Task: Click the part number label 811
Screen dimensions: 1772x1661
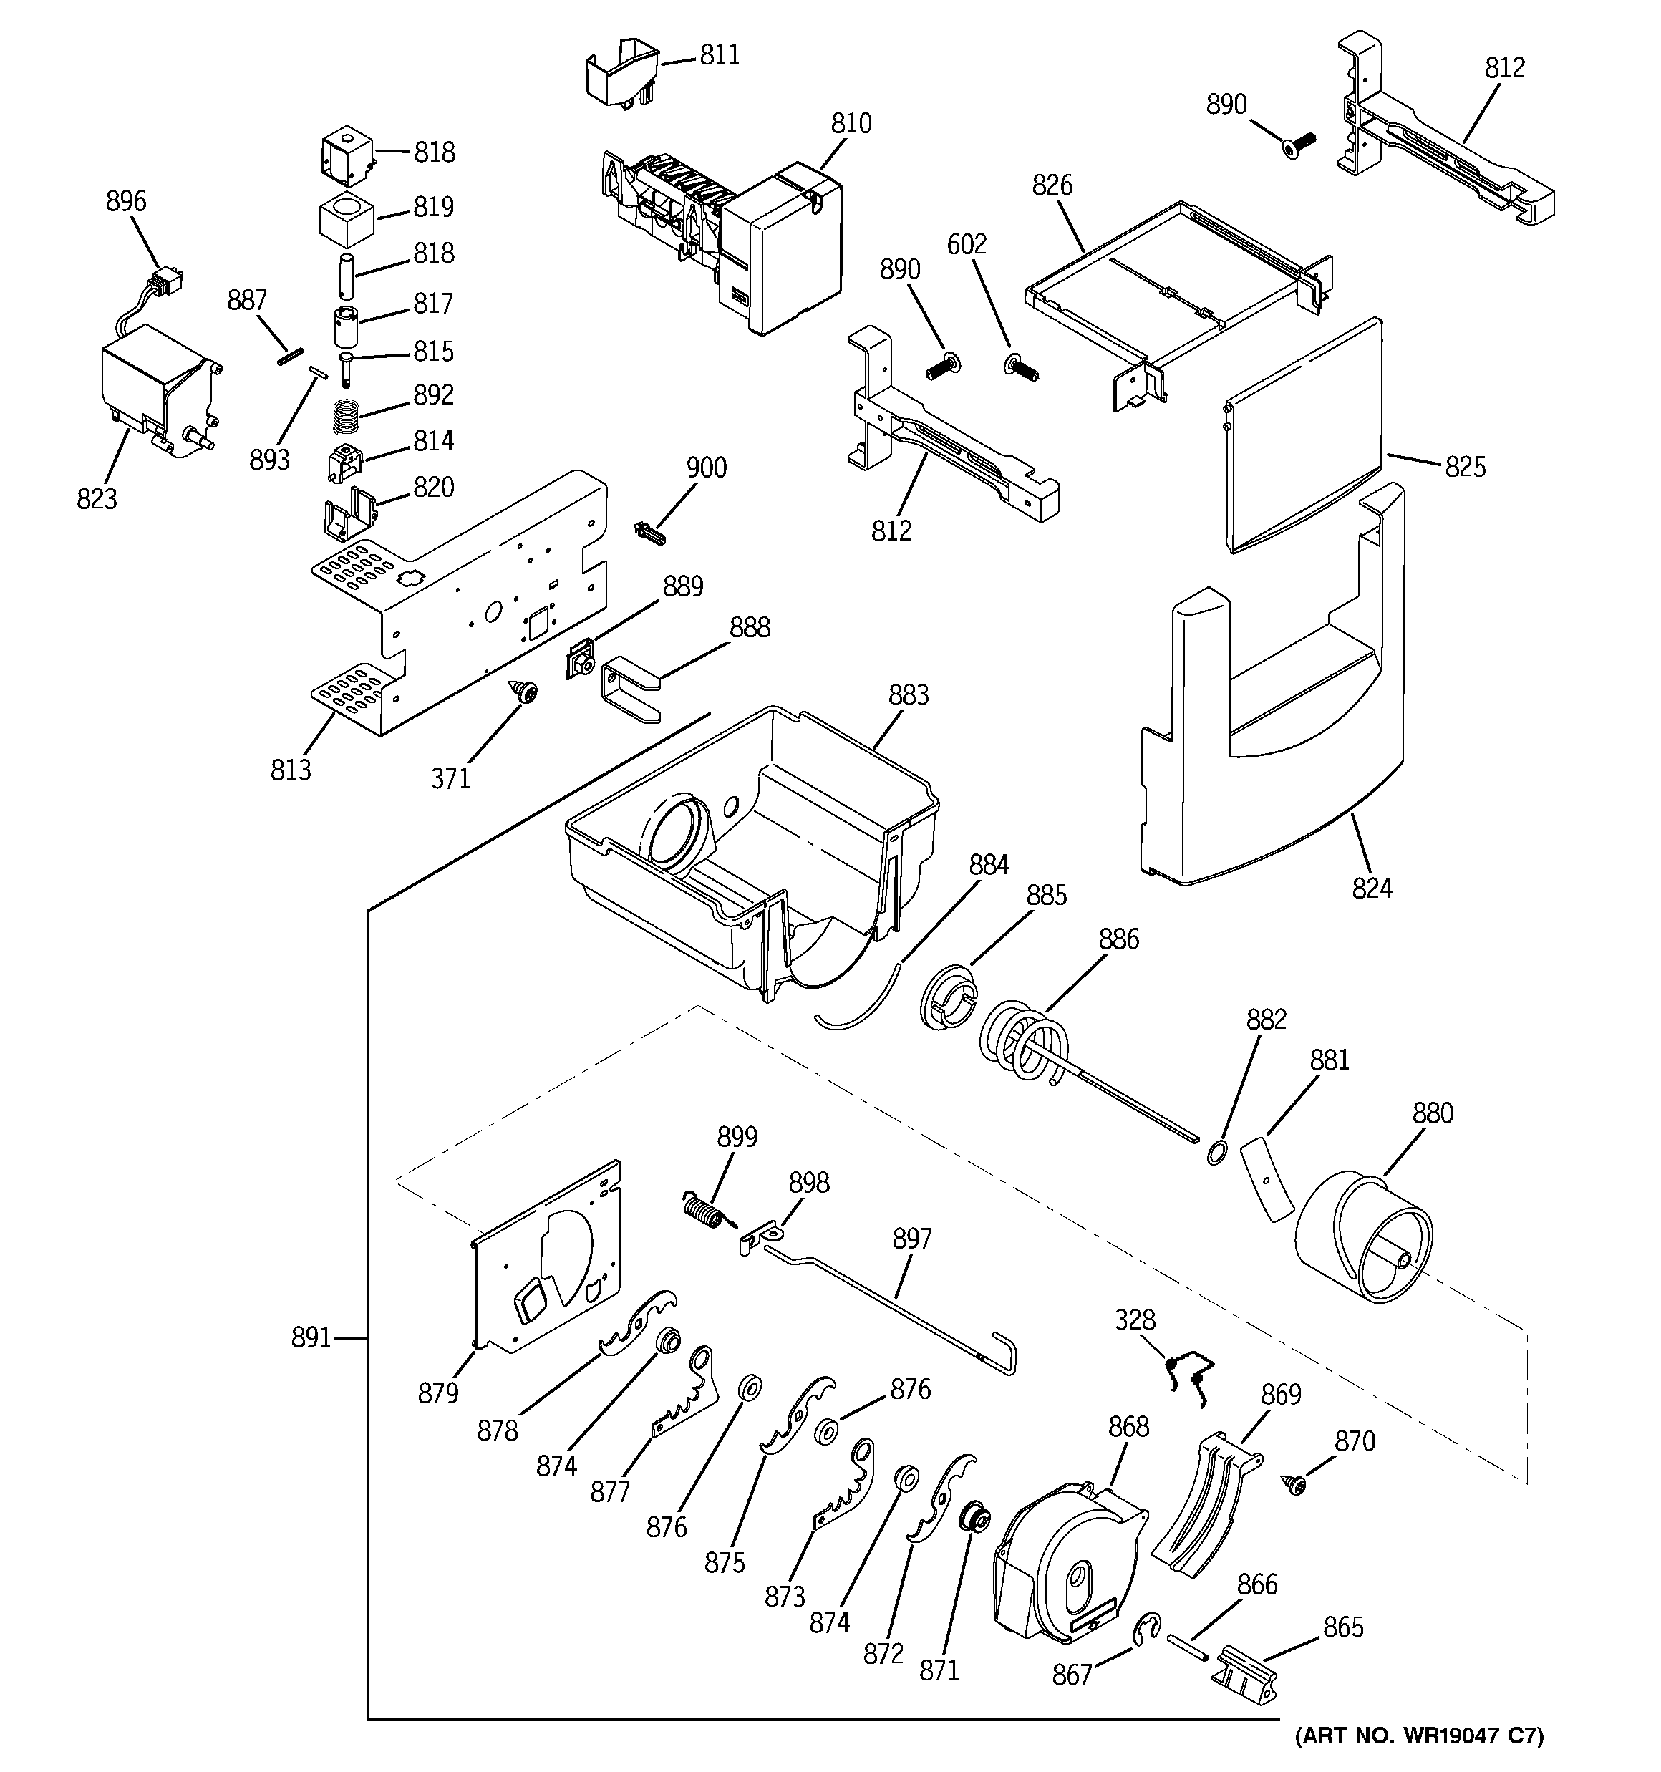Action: click(x=719, y=55)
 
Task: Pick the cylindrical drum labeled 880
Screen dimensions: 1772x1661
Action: click(x=1363, y=1239)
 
